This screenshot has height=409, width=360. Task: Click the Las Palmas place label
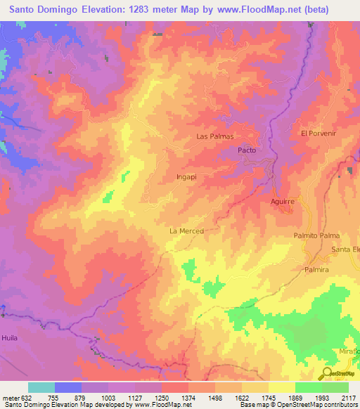[214, 136]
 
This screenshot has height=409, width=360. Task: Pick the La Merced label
[186, 231]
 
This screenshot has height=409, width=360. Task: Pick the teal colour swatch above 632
[41, 387]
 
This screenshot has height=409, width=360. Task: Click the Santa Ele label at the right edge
[345, 250]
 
